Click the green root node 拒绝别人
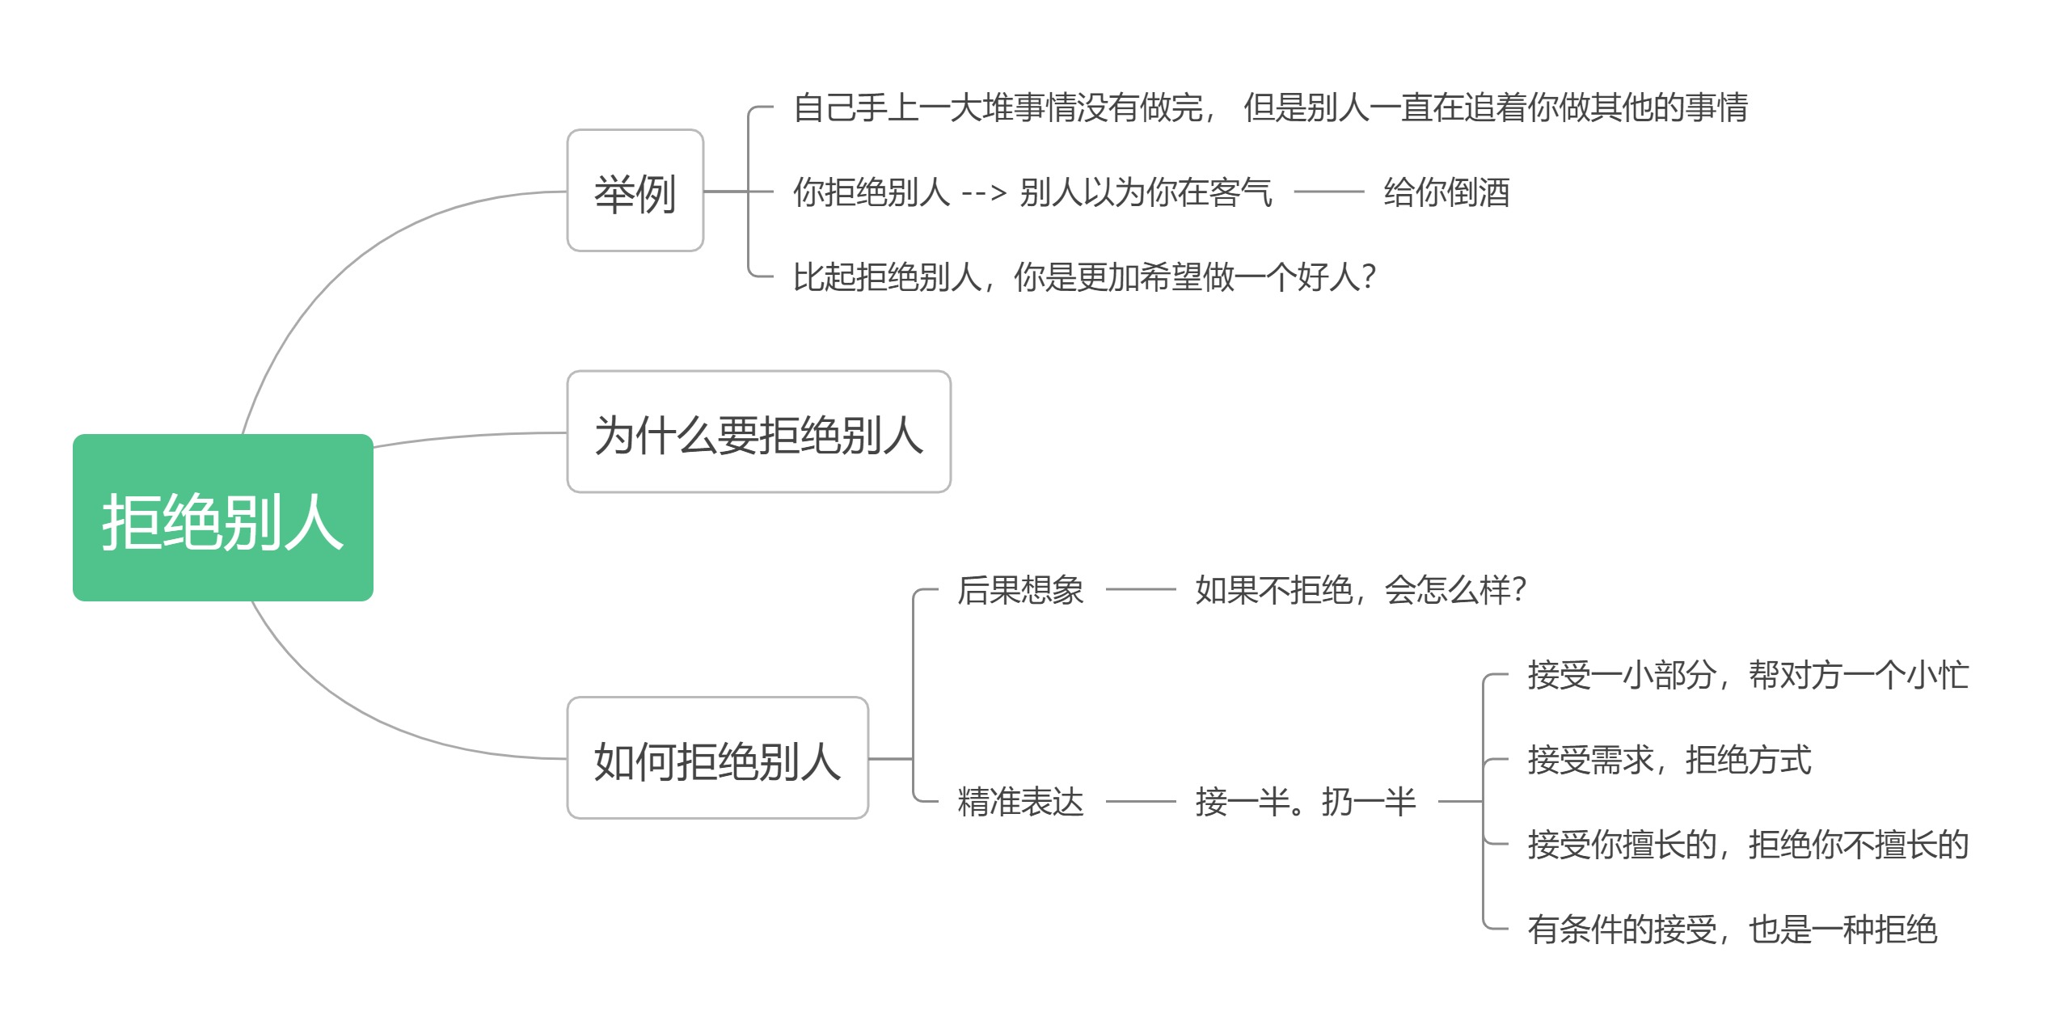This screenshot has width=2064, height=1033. [x=222, y=517]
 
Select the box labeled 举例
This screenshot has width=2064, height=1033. [x=635, y=191]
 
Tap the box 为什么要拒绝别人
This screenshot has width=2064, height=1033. [x=758, y=432]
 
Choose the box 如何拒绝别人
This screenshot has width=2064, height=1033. [x=717, y=758]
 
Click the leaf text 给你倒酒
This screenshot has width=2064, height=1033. [x=1446, y=192]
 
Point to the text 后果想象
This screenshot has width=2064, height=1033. [x=1019, y=590]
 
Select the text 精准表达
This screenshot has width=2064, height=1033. [x=1019, y=802]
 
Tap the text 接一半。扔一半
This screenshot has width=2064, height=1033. [x=1305, y=802]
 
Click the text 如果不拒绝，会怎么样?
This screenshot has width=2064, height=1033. [x=1360, y=590]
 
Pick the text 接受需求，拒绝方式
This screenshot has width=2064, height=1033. [x=1669, y=760]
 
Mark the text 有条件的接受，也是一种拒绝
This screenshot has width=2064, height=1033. [x=1732, y=930]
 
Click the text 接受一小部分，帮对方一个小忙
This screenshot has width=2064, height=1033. [x=1747, y=675]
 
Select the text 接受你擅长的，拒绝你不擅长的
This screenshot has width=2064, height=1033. [x=1747, y=845]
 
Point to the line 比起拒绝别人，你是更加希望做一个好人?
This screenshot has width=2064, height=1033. [x=1083, y=277]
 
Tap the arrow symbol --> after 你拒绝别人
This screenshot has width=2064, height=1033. [x=983, y=193]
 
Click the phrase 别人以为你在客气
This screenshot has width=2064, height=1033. [x=1146, y=192]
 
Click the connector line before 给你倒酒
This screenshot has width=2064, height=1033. [x=1328, y=192]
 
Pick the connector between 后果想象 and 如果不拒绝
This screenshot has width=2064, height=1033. [x=1140, y=590]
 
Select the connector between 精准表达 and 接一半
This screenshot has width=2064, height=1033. [x=1140, y=802]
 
